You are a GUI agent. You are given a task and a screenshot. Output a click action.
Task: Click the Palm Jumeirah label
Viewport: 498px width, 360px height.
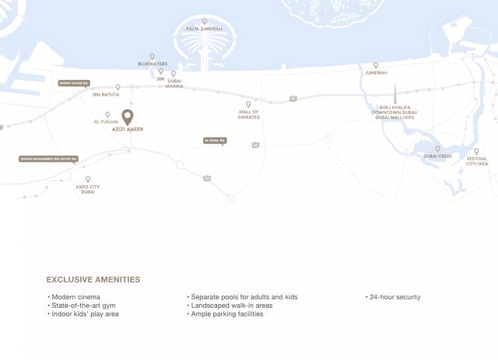point(205,29)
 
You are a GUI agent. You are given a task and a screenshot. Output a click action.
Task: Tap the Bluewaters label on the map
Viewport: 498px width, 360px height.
point(153,64)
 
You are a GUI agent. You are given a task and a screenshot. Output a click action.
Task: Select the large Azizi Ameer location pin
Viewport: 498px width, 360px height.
point(128,117)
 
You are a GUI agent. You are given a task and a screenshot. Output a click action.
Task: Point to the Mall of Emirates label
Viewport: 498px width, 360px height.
point(249,114)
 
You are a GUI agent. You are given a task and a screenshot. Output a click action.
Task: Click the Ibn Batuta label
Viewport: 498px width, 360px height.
point(106,95)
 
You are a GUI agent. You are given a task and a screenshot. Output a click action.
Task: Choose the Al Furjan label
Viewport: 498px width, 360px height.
point(106,122)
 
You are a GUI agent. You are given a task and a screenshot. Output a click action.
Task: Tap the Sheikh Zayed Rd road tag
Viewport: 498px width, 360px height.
point(74,83)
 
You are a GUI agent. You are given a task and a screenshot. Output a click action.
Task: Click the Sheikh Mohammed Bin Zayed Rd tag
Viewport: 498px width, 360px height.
point(48,159)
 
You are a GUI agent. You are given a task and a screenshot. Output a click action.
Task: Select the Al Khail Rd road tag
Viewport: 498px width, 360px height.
point(215,141)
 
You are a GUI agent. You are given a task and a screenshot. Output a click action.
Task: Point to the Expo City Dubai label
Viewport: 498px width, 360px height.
point(88,189)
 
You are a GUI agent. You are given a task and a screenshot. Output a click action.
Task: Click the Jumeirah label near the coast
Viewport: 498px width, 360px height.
point(376,73)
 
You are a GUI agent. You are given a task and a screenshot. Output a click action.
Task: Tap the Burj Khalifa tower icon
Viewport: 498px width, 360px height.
point(395,94)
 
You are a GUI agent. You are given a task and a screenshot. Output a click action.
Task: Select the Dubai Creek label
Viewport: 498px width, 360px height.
point(437,156)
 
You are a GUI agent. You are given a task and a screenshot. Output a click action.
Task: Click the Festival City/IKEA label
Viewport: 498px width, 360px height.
point(477,161)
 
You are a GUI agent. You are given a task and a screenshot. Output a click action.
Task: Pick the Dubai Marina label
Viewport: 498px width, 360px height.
point(174,84)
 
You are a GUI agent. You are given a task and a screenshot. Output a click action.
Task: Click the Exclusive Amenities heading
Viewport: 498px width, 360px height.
point(93,279)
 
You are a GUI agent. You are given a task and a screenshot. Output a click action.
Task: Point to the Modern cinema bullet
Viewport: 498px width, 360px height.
point(75,297)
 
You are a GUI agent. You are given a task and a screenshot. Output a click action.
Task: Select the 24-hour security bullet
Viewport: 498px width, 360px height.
point(395,297)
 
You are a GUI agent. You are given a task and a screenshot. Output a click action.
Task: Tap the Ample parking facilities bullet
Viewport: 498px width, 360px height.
point(233,314)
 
